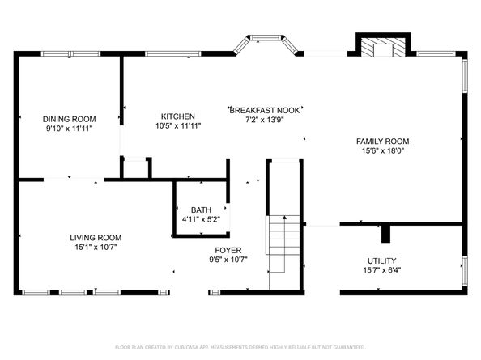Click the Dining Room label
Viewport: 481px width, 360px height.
70,119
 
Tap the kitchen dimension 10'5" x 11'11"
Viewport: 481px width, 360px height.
178,125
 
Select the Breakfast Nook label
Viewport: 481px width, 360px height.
265,110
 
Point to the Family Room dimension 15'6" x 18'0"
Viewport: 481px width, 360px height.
382,150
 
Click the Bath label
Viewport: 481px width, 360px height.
201,210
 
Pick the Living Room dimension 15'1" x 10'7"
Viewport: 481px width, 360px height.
96,247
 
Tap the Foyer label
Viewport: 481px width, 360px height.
228,250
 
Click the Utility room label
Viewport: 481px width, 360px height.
382,260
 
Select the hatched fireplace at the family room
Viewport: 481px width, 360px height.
383,48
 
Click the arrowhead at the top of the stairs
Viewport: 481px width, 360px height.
284,218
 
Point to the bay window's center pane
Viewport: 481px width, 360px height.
266,38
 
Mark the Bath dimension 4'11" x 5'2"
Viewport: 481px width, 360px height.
201,219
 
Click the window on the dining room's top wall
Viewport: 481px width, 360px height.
70,54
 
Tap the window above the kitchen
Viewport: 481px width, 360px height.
173,54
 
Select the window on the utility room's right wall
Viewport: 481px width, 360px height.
465,271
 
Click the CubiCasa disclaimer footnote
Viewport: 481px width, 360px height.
240,347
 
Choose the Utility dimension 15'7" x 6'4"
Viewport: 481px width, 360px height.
382,270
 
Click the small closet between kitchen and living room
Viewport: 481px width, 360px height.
135,168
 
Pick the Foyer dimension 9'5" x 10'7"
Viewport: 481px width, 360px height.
228,260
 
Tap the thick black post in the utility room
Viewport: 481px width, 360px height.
385,234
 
